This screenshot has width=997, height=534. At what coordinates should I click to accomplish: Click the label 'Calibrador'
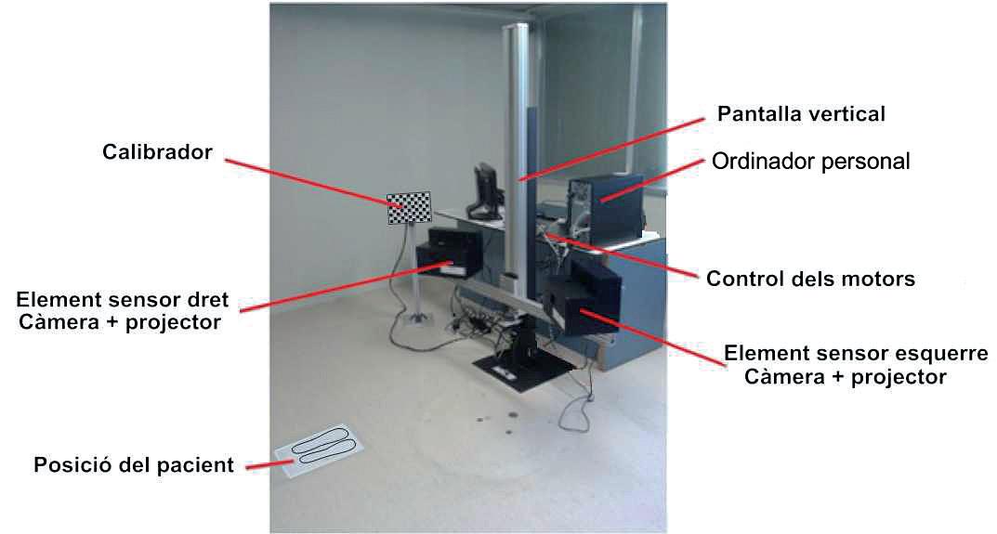(x=159, y=151)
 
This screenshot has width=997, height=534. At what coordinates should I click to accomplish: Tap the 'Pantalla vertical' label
(x=801, y=114)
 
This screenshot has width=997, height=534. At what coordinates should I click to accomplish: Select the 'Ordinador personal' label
(x=810, y=162)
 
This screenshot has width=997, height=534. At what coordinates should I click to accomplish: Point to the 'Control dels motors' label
(x=811, y=279)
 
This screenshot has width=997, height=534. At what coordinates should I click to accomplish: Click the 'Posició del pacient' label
(x=134, y=465)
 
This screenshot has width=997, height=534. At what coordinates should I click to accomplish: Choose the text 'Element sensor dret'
(x=123, y=302)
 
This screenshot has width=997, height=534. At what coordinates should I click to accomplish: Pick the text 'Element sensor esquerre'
(x=856, y=354)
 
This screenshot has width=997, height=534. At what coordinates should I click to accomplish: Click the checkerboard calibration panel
(x=410, y=207)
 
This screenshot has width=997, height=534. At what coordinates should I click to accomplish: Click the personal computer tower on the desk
(x=604, y=200)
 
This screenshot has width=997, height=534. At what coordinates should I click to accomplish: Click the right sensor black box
(x=450, y=252)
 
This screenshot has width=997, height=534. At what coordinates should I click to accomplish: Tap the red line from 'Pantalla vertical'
(x=613, y=146)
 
